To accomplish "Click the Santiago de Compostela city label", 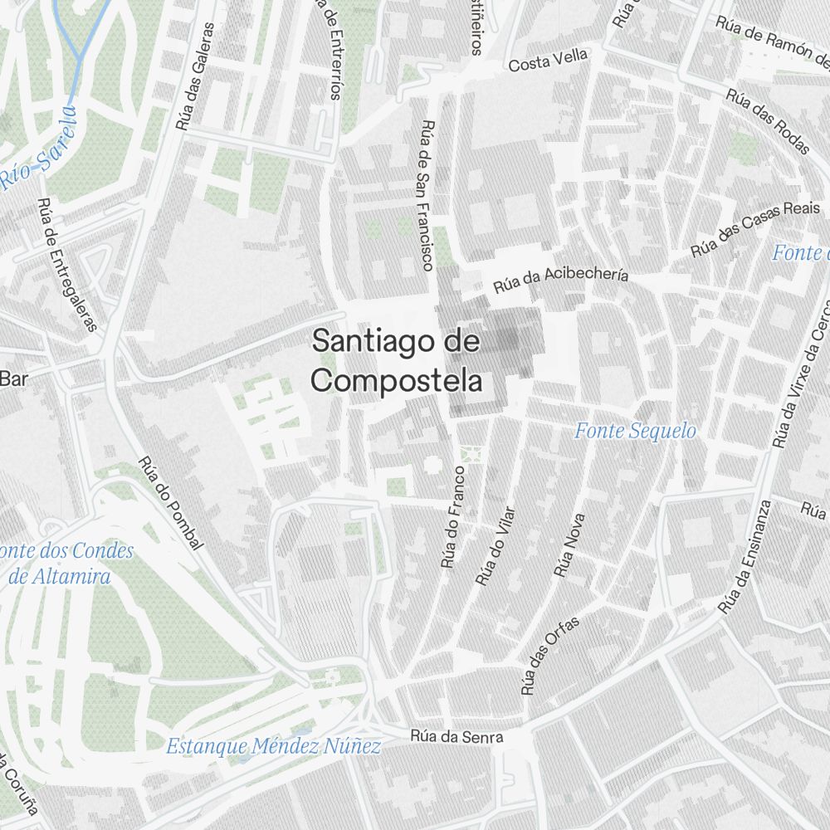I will tap(397, 361).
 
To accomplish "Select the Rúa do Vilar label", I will tap(496, 546).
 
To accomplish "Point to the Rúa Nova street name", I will tap(569, 544).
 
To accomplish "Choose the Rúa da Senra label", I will tap(456, 736).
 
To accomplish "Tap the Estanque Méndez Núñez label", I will tap(274, 746).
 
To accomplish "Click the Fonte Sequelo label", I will tap(636, 431).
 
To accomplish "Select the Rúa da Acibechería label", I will tap(561, 281).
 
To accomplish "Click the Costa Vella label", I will tap(548, 61).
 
